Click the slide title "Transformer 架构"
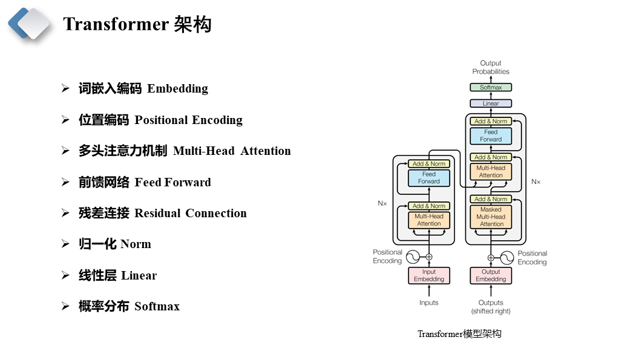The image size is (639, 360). point(137,24)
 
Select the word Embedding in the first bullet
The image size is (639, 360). point(177,89)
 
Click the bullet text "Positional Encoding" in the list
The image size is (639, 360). point(188,120)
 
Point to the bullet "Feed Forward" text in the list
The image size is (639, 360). point(172,182)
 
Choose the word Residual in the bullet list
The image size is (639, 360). point(157,213)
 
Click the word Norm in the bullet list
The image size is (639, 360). point(136,244)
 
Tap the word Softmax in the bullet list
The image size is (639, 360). point(157,306)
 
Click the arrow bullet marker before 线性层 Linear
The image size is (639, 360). point(65,275)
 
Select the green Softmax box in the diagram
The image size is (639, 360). point(491,87)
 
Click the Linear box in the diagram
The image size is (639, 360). point(491,103)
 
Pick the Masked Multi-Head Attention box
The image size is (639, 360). point(491,217)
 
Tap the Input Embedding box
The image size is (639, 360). point(429,275)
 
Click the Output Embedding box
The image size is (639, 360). point(491,275)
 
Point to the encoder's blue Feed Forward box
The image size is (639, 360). point(429,178)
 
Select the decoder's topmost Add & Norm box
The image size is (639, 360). point(491,122)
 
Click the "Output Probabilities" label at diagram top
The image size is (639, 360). point(491,67)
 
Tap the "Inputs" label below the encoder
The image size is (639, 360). point(429,303)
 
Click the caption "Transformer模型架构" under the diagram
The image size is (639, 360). point(459,334)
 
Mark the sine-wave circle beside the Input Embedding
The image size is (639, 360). point(413,257)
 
